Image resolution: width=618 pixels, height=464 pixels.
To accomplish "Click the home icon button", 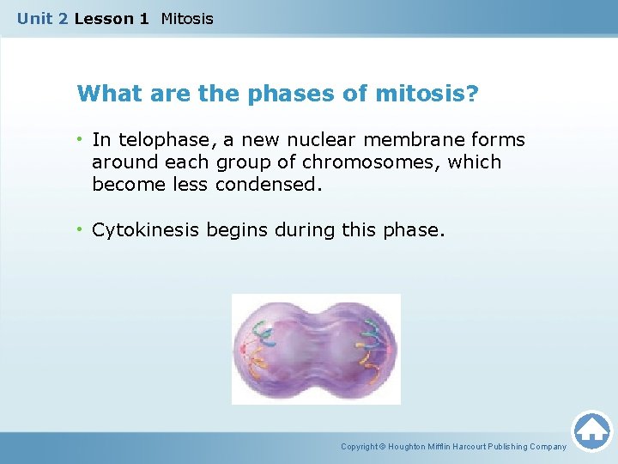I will pos(591,430).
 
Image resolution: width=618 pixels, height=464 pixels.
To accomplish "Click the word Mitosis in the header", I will pos(187,18).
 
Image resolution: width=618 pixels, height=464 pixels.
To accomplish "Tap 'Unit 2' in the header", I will pos(43,18).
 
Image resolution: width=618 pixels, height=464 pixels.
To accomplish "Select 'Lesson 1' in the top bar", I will pos(112,18).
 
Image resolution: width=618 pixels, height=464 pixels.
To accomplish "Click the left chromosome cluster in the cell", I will pos(262,348).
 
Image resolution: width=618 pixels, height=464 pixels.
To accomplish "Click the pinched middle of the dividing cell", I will pos(316,348).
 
